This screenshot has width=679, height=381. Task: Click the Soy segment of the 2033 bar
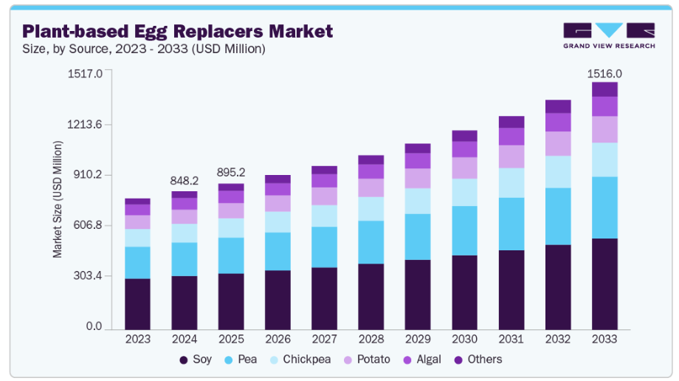coord(604,284)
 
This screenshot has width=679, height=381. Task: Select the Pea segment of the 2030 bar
coord(464,230)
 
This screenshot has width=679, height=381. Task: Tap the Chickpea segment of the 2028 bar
coord(370,209)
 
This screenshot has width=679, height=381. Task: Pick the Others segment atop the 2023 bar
coord(137,202)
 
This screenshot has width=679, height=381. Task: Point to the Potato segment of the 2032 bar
coord(558,143)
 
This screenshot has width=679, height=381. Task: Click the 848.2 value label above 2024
coord(184,180)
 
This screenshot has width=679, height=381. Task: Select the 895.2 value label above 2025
coord(230,172)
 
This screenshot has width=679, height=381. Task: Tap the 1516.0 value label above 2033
coord(604,74)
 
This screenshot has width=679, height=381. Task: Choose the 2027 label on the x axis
coord(324,339)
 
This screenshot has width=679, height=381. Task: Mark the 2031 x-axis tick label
coord(511,339)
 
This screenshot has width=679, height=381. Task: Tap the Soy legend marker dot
coord(183,360)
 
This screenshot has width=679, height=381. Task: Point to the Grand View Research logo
coord(608,35)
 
